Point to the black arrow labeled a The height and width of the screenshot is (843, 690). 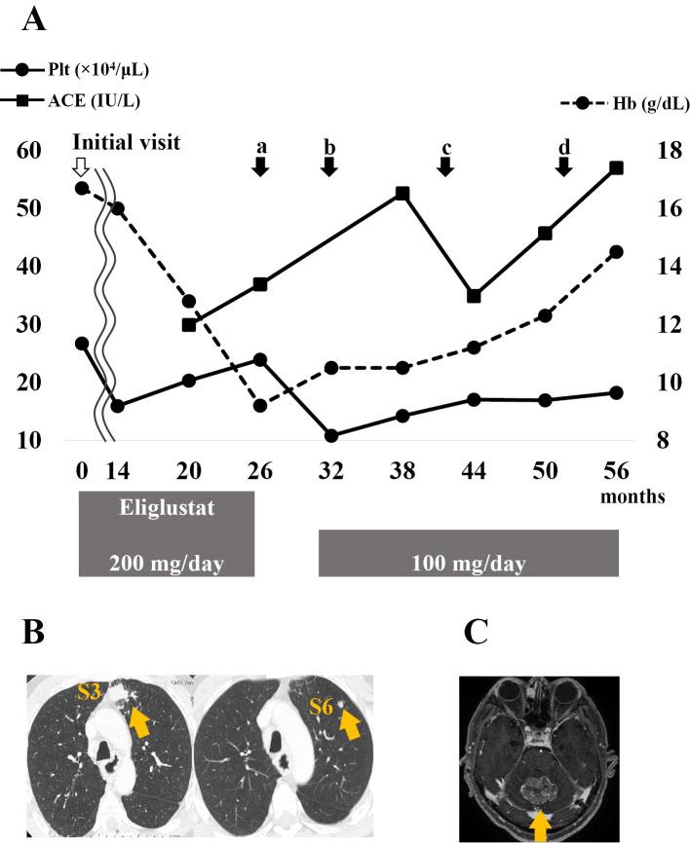[260, 166]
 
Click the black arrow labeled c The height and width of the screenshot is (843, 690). [445, 166]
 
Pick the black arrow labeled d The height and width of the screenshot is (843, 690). [564, 166]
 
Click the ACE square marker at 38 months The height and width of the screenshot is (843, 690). [402, 194]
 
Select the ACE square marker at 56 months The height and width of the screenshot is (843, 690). [616, 167]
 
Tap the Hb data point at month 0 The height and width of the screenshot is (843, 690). [82, 188]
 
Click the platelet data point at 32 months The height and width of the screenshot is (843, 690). [330, 435]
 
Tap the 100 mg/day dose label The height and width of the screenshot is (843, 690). [469, 563]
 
